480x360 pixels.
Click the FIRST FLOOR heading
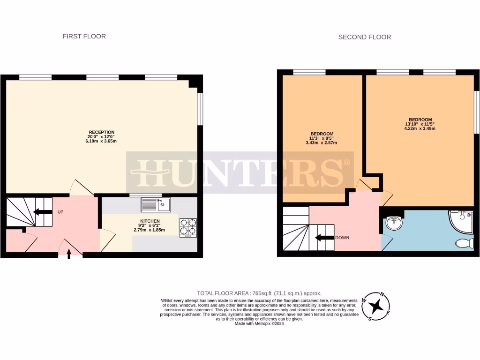(84, 36)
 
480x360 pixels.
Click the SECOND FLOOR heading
(364, 37)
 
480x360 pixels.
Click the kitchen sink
(156, 204)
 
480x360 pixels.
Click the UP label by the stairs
(60, 212)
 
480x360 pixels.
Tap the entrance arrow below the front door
(69, 254)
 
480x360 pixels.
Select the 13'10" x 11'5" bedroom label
(420, 124)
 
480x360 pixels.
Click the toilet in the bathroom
(464, 243)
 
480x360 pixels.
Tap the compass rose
(376, 307)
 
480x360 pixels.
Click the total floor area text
(259, 293)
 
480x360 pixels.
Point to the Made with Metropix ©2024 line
(259, 323)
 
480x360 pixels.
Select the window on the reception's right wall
(200, 109)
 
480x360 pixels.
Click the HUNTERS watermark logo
(240, 172)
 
